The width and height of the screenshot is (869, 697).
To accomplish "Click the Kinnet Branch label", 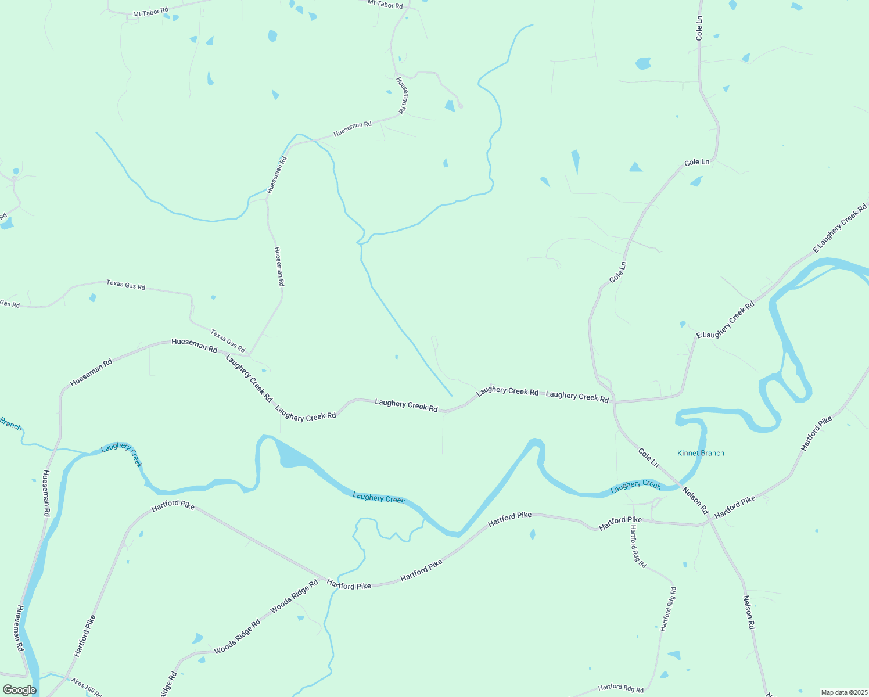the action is [x=701, y=453].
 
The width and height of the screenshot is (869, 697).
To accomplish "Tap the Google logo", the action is [x=19, y=690].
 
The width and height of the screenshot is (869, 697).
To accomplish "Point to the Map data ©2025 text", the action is [x=843, y=692].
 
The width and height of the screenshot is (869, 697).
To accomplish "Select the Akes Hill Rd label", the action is [x=86, y=687].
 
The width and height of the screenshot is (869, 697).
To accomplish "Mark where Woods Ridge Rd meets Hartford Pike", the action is [x=322, y=579].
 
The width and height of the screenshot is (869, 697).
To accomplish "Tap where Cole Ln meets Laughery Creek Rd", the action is [x=613, y=401].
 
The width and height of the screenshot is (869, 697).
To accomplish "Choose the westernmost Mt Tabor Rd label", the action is [x=150, y=12].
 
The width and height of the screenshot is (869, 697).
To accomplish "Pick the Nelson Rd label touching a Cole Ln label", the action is [x=695, y=500].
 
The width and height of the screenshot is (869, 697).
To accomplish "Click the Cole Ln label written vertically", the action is [x=699, y=28].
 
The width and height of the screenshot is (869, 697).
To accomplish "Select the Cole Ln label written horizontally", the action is [x=696, y=162].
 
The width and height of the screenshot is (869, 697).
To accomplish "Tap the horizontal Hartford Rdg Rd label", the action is [x=620, y=688].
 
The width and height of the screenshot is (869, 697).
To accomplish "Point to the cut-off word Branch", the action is [x=10, y=423].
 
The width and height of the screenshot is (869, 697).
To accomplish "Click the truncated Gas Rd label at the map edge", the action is [x=9, y=304].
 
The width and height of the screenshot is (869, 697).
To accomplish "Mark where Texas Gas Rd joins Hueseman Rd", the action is [x=249, y=354].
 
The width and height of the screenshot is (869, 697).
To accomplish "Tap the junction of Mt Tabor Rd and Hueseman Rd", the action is [x=408, y=8].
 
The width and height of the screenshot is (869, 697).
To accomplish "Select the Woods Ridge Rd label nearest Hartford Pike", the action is [x=295, y=595].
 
